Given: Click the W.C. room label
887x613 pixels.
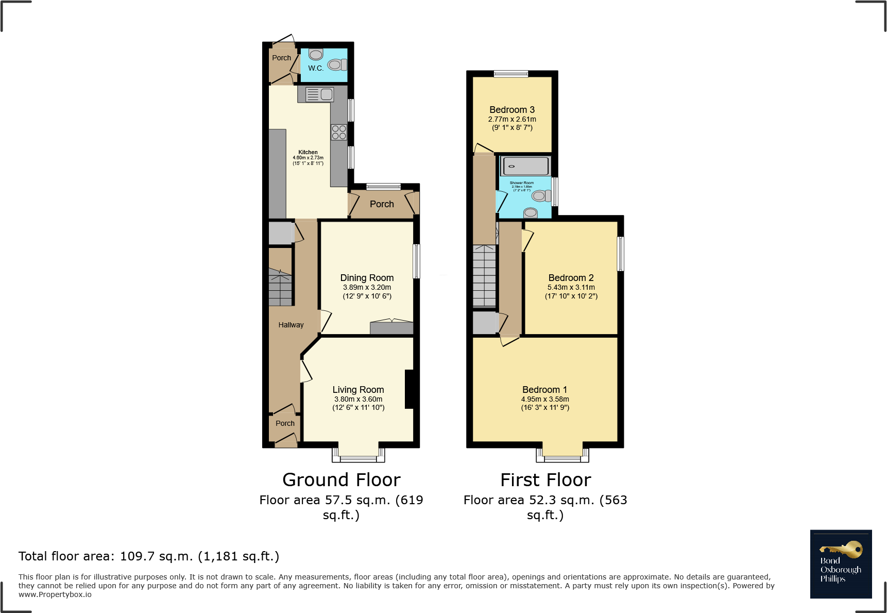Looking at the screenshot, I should pos(316,68).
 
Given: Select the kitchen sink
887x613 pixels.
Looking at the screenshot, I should pos(319,94).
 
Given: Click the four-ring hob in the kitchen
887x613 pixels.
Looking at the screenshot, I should pos(339,132).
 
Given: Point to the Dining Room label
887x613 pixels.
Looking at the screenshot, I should pos(367,278).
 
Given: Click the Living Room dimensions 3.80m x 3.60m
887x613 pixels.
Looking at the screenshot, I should pos(358,399).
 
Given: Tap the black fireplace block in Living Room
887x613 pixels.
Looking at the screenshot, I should pos(409,389).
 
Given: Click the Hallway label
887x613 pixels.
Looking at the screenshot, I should pos(291,325).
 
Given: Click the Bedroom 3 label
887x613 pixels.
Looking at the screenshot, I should pos(512,110).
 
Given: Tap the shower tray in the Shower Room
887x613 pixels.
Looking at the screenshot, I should pos(525,166).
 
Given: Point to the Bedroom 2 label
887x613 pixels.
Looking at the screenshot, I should pos(571,278).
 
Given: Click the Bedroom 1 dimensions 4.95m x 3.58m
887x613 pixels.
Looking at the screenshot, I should pos(545,399).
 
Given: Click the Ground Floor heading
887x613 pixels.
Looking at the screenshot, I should pos(342,480).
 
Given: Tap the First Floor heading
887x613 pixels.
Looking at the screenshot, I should pos(545,480).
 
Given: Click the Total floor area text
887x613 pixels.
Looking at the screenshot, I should pos(149,556).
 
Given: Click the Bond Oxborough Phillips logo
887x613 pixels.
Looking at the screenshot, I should pos(841,564).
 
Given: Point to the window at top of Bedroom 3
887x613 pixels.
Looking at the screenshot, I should pos(511,74).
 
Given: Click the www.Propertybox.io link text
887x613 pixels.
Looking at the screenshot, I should pos(55,594).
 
